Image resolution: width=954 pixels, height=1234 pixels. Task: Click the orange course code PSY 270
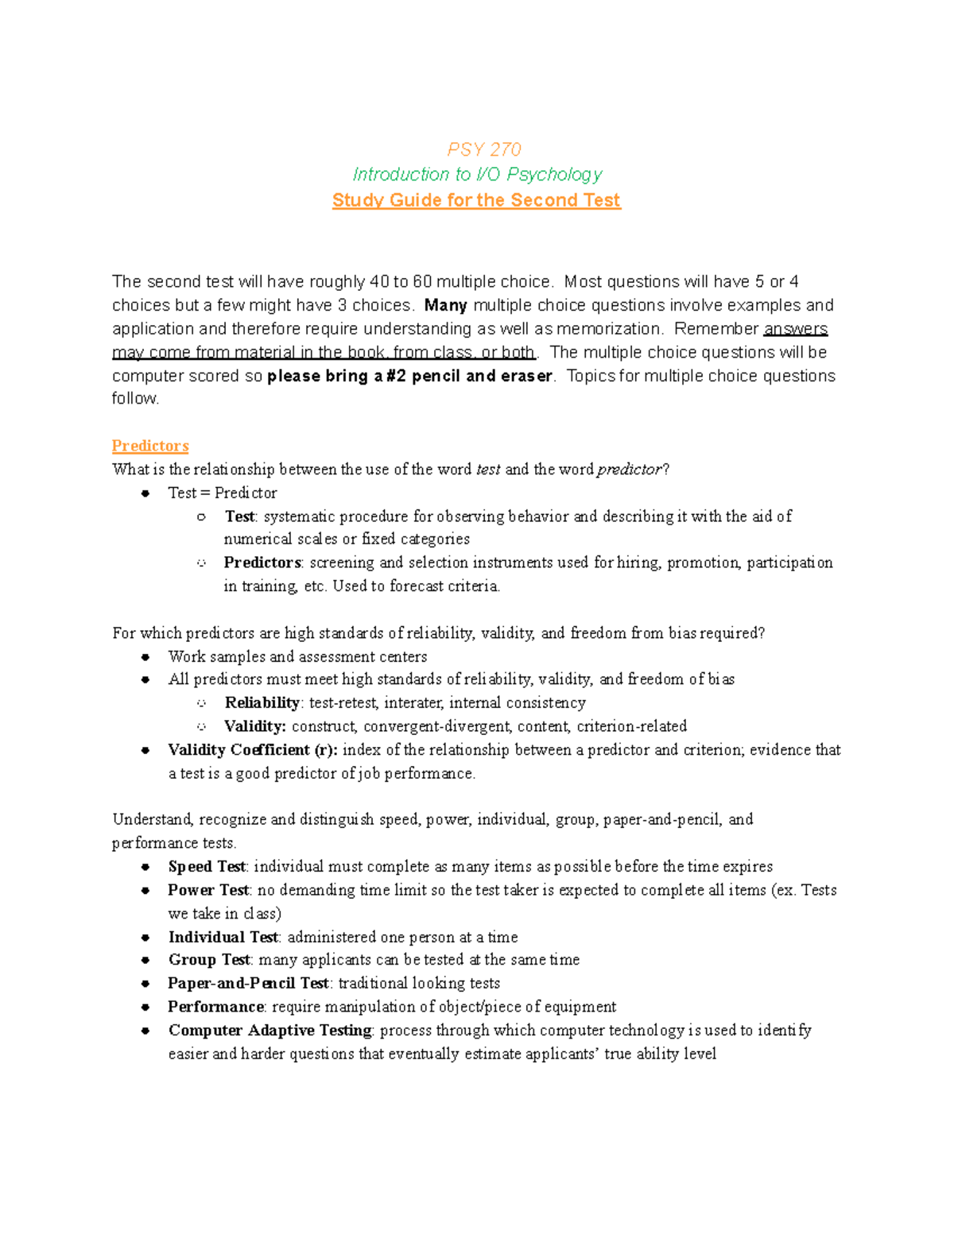(x=484, y=149)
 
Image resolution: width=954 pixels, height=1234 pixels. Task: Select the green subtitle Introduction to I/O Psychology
(x=477, y=174)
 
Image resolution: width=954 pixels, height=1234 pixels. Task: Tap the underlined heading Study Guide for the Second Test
(x=476, y=200)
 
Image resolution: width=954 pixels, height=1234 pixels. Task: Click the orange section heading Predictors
(x=150, y=446)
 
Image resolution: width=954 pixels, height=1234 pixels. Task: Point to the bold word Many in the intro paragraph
(x=445, y=305)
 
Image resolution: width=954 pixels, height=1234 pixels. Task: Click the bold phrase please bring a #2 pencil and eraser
(x=409, y=376)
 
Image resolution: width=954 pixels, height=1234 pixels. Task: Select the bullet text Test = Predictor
(x=223, y=493)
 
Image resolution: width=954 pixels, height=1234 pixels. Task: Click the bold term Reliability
(x=262, y=702)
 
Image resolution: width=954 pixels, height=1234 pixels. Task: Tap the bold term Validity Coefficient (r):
(x=253, y=749)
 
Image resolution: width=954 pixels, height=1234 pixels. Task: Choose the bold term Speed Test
(x=207, y=866)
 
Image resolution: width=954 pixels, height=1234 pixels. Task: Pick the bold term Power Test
(x=208, y=890)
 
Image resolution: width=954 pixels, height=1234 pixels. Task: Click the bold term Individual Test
(x=223, y=937)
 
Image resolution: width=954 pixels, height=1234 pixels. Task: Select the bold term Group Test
(x=209, y=960)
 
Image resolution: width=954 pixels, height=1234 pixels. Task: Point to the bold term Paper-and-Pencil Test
(x=248, y=983)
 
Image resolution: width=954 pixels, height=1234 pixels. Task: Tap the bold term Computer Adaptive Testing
(x=270, y=1030)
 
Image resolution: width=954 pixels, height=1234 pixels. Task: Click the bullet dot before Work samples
(x=145, y=656)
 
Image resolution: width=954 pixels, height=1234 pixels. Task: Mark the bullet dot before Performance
(x=145, y=1007)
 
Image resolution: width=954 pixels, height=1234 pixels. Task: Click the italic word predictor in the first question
(x=629, y=470)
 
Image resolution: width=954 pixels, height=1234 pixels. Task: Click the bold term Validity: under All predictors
(x=254, y=726)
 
